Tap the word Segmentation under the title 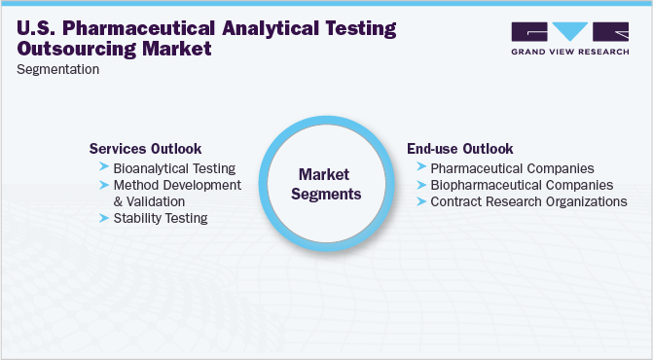(x=57, y=70)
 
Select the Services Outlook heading (x=145, y=149)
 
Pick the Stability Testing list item (x=161, y=218)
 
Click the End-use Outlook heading (x=459, y=149)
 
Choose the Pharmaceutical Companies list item (x=512, y=168)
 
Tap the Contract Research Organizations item (x=528, y=201)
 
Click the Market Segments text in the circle (x=330, y=184)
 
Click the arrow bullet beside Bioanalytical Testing (x=104, y=168)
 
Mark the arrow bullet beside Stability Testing (x=104, y=218)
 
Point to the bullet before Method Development (x=104, y=185)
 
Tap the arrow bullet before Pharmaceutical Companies (x=420, y=168)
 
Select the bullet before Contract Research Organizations (x=420, y=201)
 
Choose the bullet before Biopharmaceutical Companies (x=420, y=185)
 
